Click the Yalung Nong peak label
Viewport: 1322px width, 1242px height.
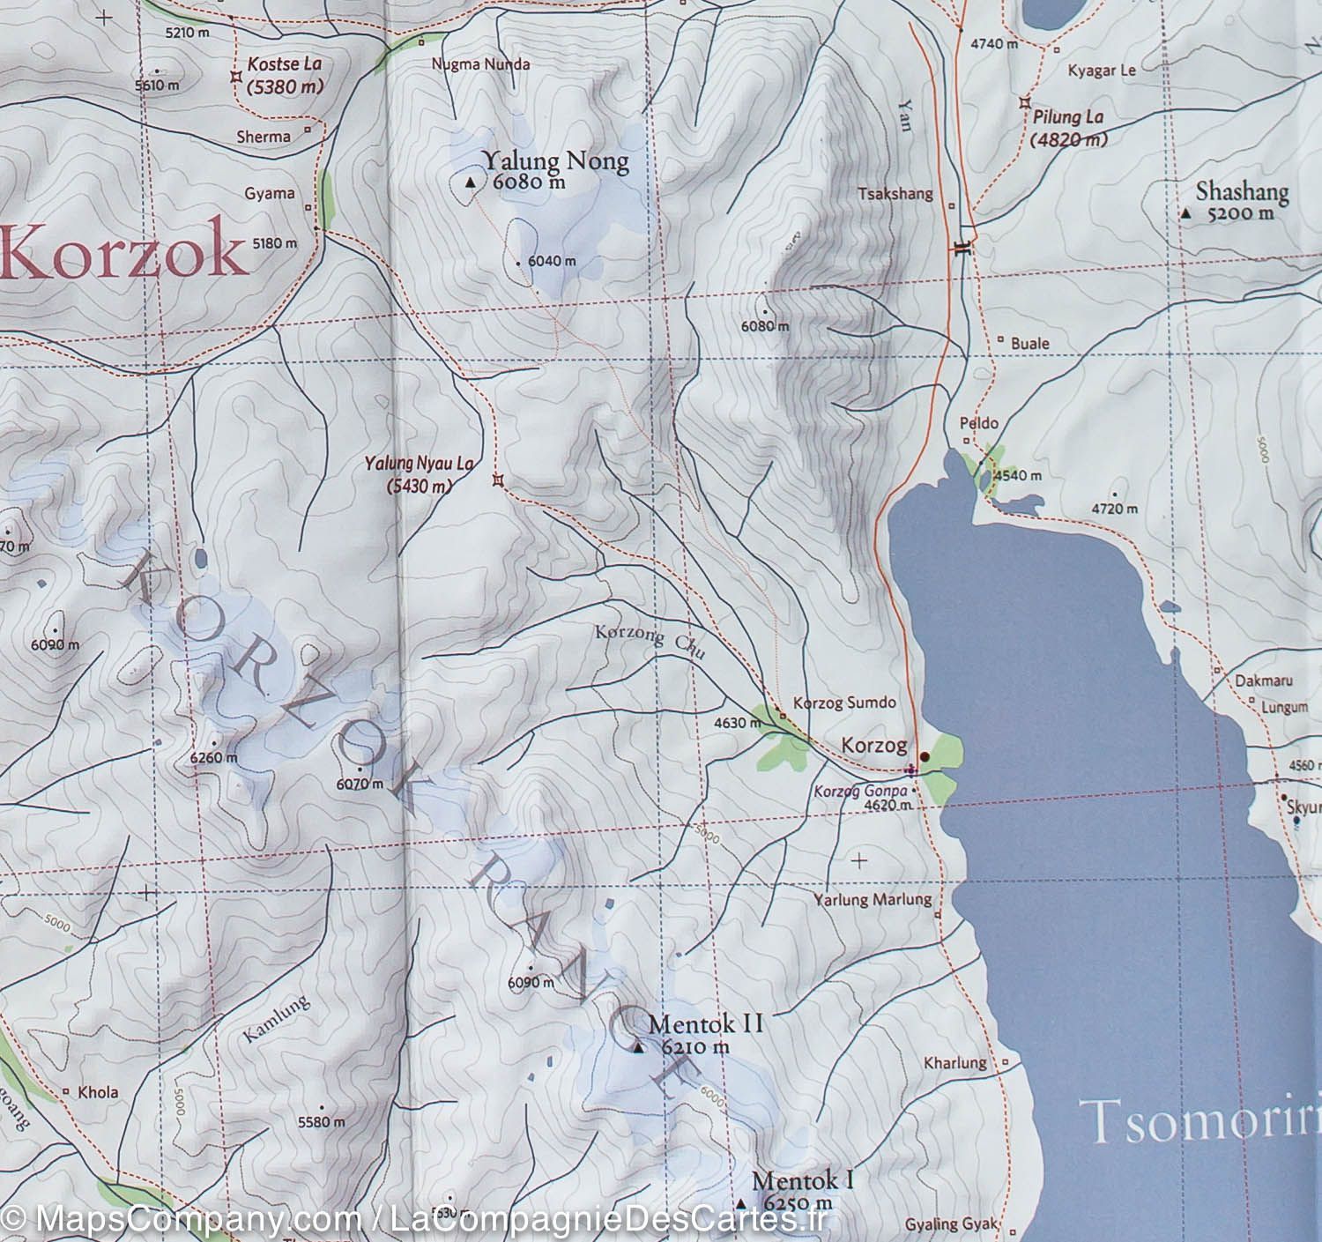click(x=555, y=161)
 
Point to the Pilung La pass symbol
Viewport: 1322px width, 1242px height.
click(x=1025, y=103)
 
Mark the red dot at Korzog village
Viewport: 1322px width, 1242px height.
click(x=925, y=756)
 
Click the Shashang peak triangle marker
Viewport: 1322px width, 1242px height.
click(x=1186, y=214)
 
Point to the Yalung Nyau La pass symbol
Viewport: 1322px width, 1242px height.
click(x=499, y=480)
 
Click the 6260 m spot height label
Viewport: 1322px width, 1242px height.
click(x=213, y=757)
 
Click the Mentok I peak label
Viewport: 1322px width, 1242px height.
click(x=802, y=1180)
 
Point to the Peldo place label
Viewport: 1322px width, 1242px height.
click(x=978, y=423)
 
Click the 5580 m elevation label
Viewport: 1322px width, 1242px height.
click(x=322, y=1122)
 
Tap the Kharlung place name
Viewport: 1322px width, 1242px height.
click(x=954, y=1062)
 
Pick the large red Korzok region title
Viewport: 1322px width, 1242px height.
click(x=123, y=254)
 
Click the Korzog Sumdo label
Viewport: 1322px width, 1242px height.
click(x=844, y=703)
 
